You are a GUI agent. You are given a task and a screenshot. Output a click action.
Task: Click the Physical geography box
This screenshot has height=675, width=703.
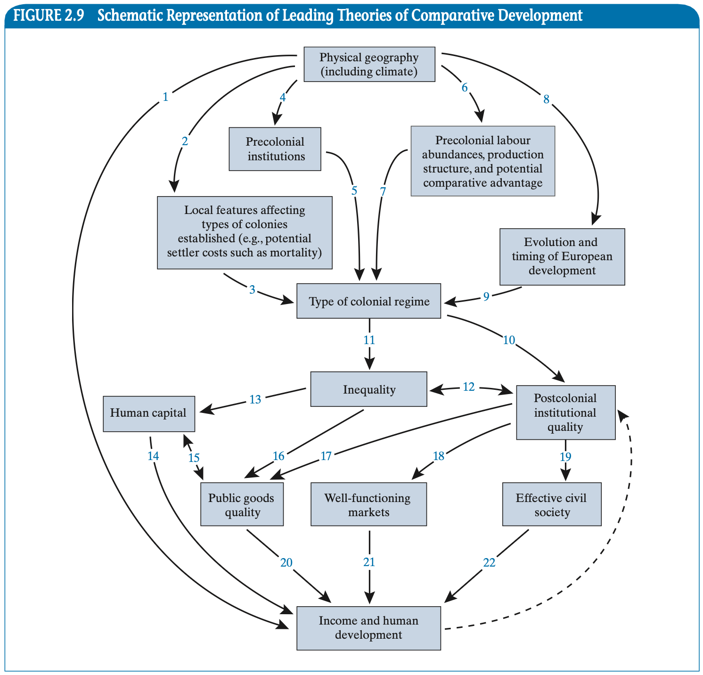point(369,64)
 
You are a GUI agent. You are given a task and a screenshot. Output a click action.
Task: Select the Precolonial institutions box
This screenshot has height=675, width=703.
point(275,149)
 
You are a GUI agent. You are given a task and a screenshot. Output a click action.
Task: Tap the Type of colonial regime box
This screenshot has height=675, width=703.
point(369,301)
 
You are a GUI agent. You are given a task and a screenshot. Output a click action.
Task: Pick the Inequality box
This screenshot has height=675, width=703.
point(369,389)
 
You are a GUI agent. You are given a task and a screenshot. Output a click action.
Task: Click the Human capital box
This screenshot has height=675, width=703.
point(149,413)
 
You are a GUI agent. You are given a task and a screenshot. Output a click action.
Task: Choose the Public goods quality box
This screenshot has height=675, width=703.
point(242,504)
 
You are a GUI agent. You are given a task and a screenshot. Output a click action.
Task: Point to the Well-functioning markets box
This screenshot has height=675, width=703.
point(368,504)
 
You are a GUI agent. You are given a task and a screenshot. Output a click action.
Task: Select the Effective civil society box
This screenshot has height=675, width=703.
point(552,504)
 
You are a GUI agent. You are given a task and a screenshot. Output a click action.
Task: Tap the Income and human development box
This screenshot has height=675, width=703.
point(368,628)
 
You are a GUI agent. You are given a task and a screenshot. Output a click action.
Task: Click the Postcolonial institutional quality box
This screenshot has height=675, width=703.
point(565,412)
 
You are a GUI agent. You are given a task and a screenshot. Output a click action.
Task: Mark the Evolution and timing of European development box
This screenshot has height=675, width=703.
point(562,256)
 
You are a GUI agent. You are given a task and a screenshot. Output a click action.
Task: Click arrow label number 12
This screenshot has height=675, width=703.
point(469,387)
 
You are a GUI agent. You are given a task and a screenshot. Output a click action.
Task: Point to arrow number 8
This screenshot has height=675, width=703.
point(547,99)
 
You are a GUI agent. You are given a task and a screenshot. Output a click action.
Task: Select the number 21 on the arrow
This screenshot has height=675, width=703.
point(369,562)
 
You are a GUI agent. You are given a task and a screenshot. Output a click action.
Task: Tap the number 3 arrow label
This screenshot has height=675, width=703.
point(253,290)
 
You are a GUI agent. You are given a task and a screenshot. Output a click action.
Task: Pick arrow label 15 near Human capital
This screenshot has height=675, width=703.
point(194,458)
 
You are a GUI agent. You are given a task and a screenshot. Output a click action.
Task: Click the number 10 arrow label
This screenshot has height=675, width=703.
point(509,340)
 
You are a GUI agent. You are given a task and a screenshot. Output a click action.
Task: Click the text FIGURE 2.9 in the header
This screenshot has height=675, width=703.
point(49,16)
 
